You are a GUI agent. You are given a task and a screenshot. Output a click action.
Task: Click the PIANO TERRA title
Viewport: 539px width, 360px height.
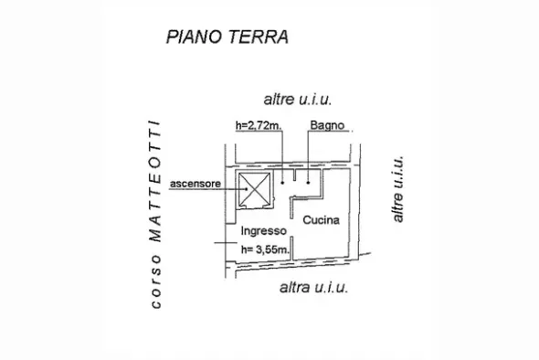point(227,37)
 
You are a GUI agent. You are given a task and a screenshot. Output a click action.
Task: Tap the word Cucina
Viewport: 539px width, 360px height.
point(321,219)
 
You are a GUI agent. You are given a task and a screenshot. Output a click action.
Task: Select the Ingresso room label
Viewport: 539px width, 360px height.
point(264,231)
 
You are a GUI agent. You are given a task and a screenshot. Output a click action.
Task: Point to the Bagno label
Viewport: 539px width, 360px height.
point(327,125)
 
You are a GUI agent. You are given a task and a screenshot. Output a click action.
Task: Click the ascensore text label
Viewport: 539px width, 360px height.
point(196,184)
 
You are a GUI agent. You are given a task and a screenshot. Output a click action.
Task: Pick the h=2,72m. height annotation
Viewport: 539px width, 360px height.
point(259,125)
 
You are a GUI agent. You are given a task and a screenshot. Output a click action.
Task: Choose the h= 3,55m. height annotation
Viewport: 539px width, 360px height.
point(265,249)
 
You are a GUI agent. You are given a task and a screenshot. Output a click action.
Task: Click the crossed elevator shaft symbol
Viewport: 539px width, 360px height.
point(254,189)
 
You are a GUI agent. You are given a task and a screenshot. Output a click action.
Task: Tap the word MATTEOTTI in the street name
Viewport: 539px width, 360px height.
point(154,181)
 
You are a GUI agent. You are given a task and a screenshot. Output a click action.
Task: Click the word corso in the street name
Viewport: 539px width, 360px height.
point(155,281)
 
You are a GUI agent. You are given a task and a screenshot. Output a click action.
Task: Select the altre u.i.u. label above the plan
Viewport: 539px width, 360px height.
point(297,100)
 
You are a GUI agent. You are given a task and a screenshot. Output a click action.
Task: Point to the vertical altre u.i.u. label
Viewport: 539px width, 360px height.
point(397,189)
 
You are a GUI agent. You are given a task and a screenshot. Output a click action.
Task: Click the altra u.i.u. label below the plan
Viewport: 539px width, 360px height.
point(314,287)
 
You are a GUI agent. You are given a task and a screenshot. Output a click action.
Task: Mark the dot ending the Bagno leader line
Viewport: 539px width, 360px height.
point(308,183)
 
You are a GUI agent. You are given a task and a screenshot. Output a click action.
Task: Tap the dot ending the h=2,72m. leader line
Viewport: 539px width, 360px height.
point(282,183)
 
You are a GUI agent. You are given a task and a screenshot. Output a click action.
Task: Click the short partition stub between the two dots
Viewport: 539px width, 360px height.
point(294,175)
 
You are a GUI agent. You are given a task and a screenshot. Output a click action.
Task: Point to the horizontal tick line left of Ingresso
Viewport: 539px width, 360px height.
point(226,243)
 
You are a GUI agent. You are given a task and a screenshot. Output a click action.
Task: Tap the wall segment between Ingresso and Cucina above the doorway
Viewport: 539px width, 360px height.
point(291,207)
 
